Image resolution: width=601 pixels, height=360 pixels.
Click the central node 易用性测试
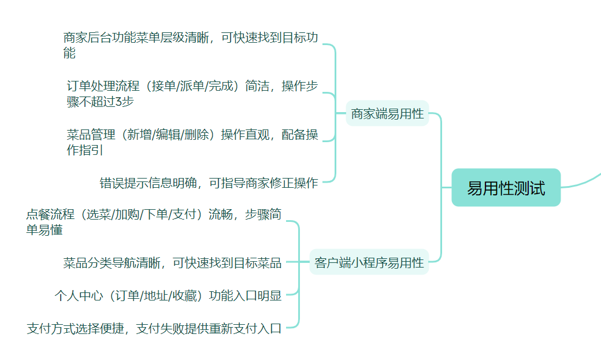click(506, 188)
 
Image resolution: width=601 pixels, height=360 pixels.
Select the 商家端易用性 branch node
click(387, 114)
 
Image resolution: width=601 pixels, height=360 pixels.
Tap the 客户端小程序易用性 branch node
click(369, 263)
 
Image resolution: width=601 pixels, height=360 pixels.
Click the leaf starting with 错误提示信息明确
click(209, 183)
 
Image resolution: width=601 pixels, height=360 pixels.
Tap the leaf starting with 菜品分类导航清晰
click(172, 263)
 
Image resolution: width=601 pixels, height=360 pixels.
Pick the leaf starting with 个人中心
click(168, 296)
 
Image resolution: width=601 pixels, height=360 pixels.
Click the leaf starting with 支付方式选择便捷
click(154, 329)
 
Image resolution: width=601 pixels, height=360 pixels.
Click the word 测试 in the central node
click(531, 188)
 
